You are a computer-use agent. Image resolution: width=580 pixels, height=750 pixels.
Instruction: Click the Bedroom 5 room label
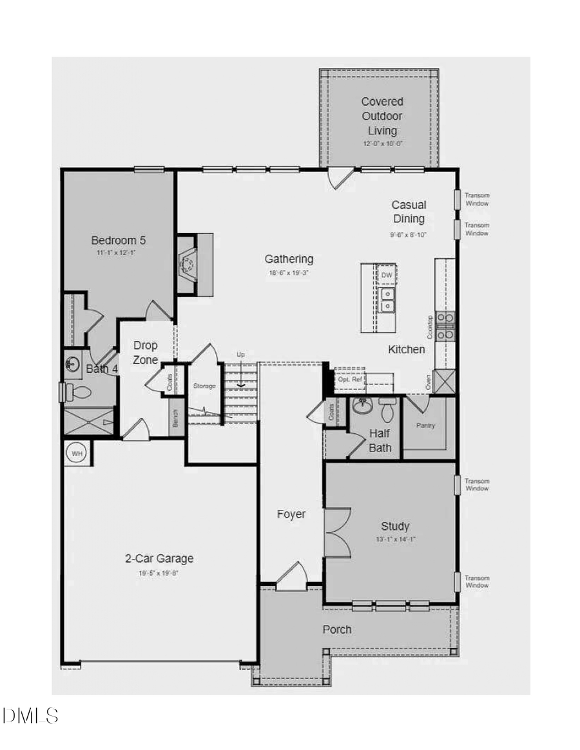click(118, 240)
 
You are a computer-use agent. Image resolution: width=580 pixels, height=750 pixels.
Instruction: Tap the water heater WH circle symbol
click(77, 453)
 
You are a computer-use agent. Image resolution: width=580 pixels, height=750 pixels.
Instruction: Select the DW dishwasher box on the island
click(386, 275)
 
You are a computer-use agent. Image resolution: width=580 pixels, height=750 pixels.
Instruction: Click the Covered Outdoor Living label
click(382, 116)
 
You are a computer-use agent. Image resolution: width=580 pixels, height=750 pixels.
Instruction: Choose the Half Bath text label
click(380, 440)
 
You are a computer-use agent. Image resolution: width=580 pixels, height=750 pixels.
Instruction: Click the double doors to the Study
click(336, 532)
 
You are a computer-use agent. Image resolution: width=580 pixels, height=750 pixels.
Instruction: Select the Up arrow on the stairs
click(241, 384)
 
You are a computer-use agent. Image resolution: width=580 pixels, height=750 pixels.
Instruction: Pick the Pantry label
click(425, 426)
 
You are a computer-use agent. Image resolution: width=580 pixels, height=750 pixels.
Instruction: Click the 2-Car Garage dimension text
click(159, 572)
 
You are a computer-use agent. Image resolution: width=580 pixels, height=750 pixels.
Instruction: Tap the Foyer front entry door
click(292, 577)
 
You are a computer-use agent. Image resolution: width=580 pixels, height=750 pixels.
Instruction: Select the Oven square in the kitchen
click(444, 381)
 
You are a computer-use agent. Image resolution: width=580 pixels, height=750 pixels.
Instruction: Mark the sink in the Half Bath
click(363, 406)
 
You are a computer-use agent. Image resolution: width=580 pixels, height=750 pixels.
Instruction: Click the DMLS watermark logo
click(30, 715)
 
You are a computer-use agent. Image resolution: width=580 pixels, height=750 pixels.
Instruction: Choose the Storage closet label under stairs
click(204, 386)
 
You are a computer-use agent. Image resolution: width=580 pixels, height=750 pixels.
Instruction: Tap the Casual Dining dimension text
click(408, 235)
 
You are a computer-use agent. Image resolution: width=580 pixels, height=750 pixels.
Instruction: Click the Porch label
click(337, 629)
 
